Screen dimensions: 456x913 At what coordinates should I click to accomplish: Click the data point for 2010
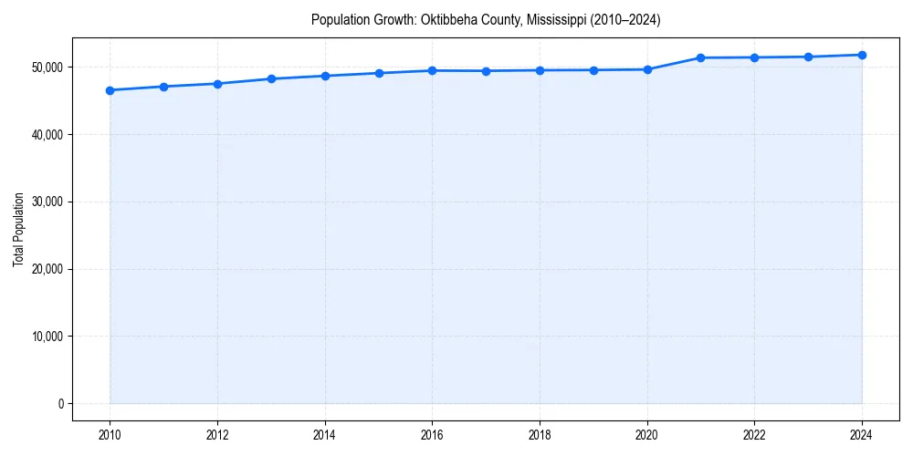110,90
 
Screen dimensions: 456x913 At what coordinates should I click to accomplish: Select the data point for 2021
701,57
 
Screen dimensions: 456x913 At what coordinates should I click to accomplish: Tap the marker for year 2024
862,55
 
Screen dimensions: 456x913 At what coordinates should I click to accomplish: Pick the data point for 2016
432,70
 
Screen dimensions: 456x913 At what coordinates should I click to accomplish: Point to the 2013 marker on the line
271,78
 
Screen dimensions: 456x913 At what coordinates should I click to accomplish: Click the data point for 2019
593,70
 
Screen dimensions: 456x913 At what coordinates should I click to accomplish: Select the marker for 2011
163,87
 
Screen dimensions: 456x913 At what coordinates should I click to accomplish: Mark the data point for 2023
808,57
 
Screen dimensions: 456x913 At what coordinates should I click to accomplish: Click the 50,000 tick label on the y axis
47,67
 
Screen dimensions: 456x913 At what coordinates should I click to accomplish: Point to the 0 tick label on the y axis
61,404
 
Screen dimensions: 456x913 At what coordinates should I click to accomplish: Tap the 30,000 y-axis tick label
47,202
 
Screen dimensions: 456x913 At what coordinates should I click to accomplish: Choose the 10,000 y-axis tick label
47,337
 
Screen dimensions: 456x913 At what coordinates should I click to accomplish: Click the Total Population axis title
18,229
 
